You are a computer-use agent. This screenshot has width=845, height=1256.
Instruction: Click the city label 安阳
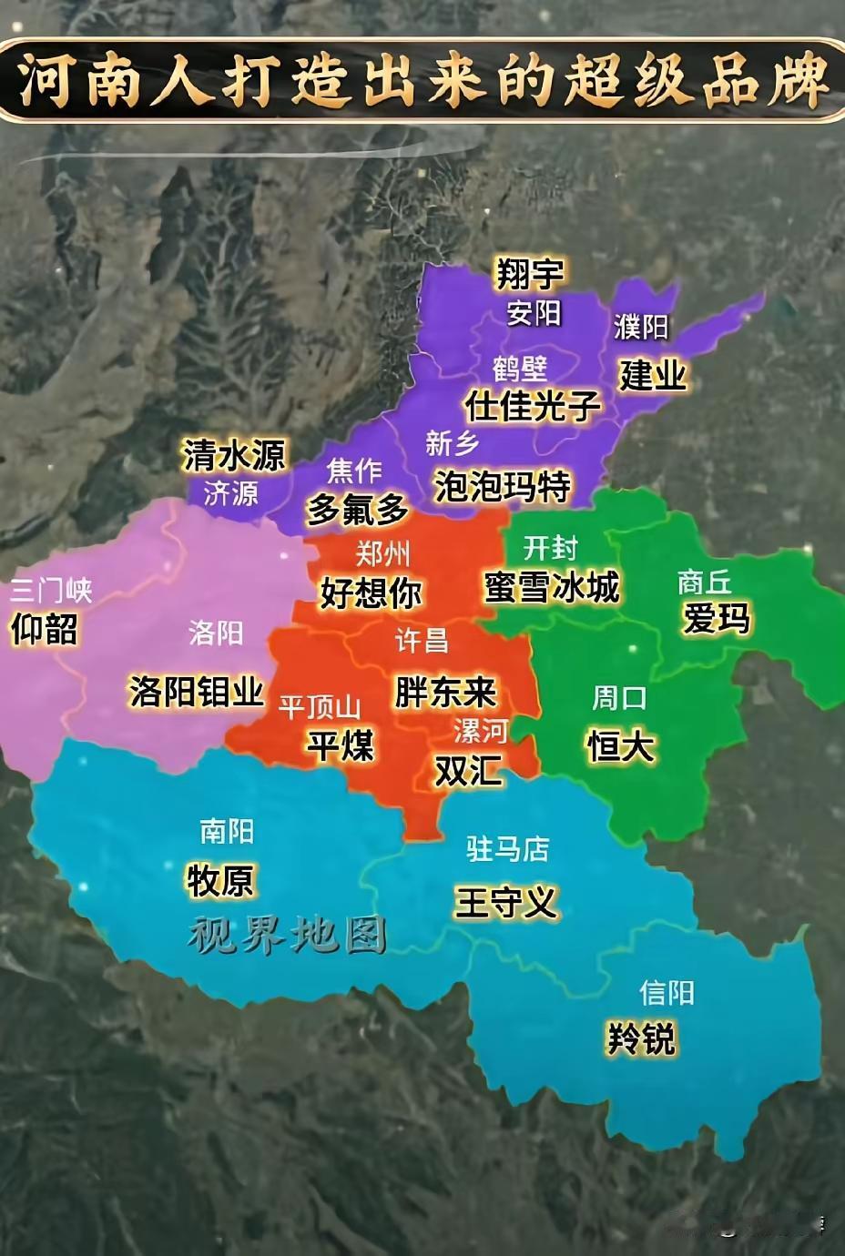[534, 313]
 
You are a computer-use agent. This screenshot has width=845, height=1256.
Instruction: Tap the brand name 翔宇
[529, 272]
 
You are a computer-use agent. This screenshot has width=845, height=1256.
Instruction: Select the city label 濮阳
[640, 327]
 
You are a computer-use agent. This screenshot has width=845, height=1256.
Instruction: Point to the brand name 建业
[652, 374]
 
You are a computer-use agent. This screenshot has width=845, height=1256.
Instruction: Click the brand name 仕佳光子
[533, 405]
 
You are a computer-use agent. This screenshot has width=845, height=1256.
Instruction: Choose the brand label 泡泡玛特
[502, 486]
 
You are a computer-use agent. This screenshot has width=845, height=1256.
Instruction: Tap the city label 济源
[230, 493]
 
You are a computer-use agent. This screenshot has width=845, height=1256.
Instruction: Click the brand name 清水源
[234, 454]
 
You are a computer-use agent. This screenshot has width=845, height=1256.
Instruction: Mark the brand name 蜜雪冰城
[552, 587]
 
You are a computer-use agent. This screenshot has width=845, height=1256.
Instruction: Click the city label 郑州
[382, 552]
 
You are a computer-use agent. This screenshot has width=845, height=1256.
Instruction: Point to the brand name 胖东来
[445, 692]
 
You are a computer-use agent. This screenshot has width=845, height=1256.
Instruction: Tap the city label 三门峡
[51, 591]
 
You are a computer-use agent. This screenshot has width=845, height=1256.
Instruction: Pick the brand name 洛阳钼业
[196, 692]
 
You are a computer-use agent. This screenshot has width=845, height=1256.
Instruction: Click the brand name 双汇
[468, 771]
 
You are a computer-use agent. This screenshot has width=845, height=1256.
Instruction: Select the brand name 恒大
[620, 746]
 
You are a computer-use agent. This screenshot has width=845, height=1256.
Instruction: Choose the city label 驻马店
[507, 849]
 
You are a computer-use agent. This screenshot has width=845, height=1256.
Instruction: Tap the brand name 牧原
[220, 880]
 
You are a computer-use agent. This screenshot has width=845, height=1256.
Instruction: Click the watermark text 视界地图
[288, 935]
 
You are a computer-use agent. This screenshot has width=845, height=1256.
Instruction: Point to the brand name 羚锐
[641, 1038]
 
